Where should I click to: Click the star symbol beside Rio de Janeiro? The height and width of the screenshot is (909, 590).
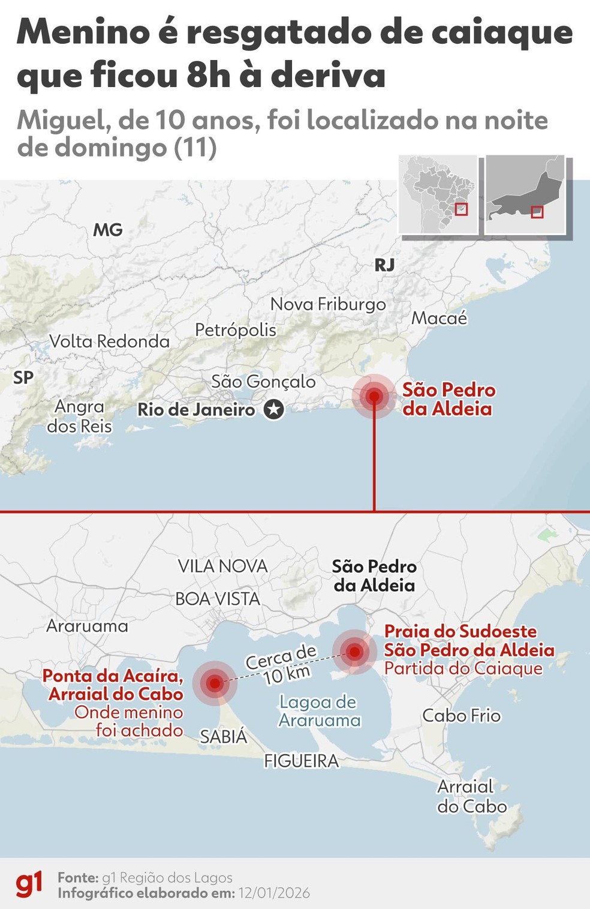pos(274,410)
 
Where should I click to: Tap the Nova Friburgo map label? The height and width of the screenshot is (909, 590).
pos(328,304)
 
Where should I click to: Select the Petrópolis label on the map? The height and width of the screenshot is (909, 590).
pos(236,330)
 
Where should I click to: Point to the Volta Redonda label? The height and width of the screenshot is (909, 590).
pos(110,341)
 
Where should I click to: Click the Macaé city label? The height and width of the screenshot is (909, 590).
pos(439,318)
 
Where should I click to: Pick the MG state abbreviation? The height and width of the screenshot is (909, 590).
pos(108,230)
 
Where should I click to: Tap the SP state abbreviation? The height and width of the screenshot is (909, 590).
pos(23,377)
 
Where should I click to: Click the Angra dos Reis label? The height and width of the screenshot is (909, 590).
pos(79,416)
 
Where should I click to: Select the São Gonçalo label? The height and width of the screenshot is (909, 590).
pos(263,382)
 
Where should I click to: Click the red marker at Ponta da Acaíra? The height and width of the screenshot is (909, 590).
pos(215,682)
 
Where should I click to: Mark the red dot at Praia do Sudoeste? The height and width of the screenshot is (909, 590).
pos(355,652)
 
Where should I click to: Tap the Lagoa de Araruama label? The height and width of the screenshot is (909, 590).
pos(319,711)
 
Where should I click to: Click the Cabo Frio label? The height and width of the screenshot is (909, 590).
pos(461,716)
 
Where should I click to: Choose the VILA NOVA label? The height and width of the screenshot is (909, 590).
pos(222,566)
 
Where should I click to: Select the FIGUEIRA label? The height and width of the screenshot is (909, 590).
pos(302,761)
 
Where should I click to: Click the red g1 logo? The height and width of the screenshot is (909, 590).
pos(29,885)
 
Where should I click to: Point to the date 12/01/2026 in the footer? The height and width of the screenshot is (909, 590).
pos(274,893)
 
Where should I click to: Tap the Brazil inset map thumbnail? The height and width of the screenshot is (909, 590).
pos(438,194)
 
